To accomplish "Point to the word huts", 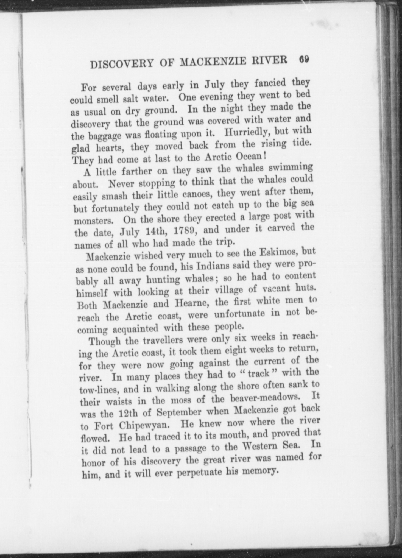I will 305,288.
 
